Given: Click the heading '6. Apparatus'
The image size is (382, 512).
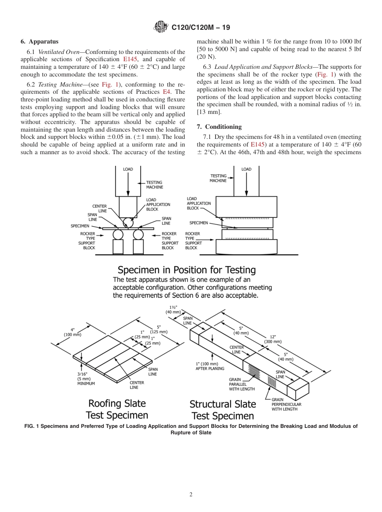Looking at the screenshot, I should pos(39,41).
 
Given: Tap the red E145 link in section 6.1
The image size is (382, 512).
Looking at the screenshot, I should pos(130,60).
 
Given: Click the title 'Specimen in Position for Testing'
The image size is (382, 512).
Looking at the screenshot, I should pos(187,270).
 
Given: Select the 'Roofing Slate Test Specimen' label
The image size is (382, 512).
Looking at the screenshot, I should pos(117,409).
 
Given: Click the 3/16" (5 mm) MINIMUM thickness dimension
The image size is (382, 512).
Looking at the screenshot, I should pos(86,379).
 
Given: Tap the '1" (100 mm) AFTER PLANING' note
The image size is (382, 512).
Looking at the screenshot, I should pos(210,366).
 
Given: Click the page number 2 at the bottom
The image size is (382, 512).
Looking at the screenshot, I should pos(191,495).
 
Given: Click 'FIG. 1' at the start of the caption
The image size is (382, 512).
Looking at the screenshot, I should pos(33,426).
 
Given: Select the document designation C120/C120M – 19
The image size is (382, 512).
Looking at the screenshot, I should pos(201,27).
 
